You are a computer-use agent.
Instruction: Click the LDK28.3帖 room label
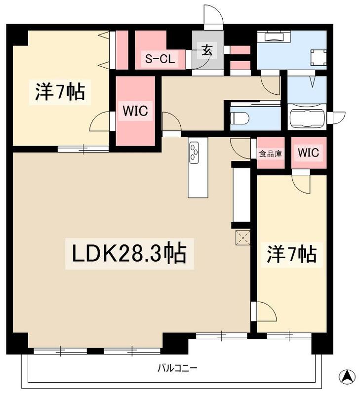pyautogui.click(x=129, y=254)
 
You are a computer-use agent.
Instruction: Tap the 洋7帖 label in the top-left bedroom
pyautogui.click(x=60, y=92)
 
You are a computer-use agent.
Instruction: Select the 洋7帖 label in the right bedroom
pyautogui.click(x=292, y=254)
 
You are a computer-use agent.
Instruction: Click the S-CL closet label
pyautogui.click(x=160, y=59)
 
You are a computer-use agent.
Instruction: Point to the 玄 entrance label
pyautogui.click(x=206, y=50)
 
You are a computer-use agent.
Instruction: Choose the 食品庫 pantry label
pyautogui.click(x=271, y=154)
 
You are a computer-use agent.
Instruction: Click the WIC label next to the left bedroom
pyautogui.click(x=135, y=111)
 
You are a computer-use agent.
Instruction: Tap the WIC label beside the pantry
pyautogui.click(x=308, y=153)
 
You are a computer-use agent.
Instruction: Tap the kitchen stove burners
pyautogui.click(x=194, y=152)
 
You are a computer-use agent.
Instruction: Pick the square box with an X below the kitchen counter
pyautogui.click(x=242, y=237)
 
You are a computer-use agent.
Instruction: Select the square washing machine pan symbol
pyautogui.click(x=319, y=58)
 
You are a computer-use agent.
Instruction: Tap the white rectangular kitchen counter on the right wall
pyautogui.click(x=241, y=195)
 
